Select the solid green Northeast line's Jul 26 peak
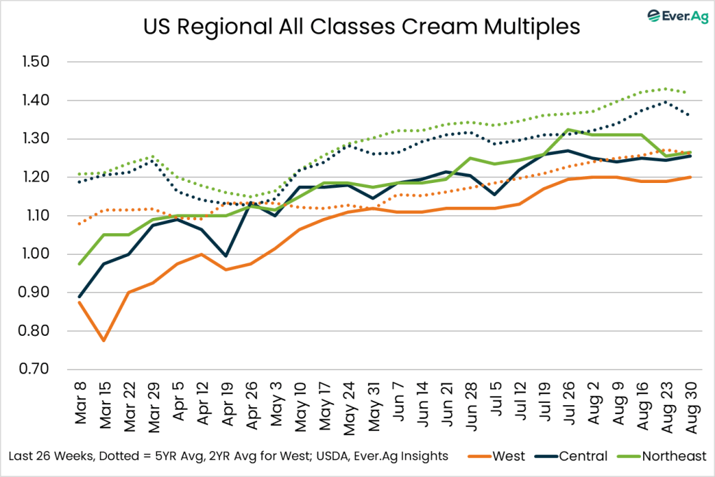[x=569, y=129]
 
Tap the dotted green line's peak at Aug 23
[x=667, y=89]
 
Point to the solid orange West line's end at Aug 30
[x=691, y=177]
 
